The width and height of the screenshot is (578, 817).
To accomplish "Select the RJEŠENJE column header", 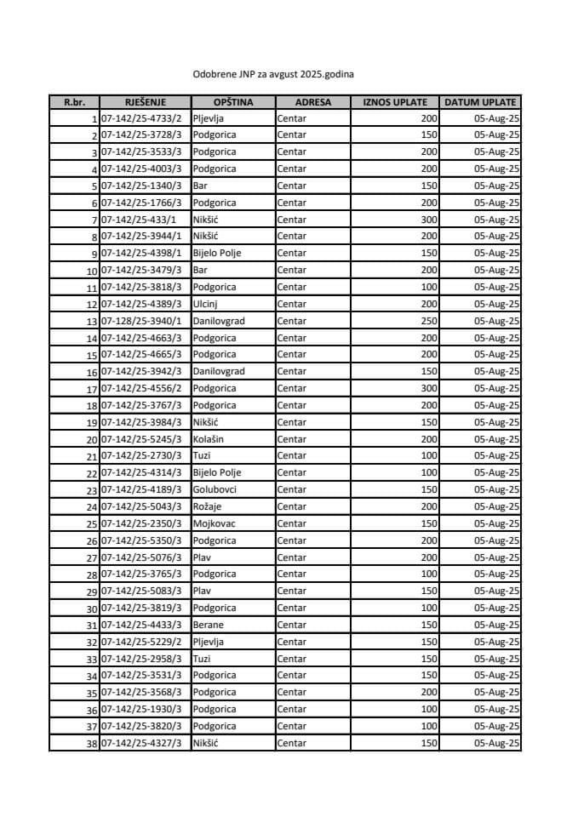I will click(144, 102).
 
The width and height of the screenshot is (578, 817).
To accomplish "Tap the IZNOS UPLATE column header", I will click(395, 102).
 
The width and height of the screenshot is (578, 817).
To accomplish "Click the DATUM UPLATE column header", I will click(481, 102).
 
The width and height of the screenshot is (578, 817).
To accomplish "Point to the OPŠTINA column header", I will click(232, 102).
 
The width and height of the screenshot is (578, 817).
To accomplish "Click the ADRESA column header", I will click(312, 102).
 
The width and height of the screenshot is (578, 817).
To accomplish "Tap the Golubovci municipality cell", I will click(215, 489).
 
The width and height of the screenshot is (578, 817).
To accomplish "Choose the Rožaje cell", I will click(209, 506).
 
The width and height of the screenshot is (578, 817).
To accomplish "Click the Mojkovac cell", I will click(214, 523).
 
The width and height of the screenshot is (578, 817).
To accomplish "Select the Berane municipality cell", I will click(209, 625).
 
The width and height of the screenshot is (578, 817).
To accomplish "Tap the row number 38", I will click(91, 743).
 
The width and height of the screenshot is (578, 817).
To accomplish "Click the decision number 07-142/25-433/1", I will click(137, 220).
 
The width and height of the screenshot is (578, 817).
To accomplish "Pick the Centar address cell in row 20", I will click(292, 439).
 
